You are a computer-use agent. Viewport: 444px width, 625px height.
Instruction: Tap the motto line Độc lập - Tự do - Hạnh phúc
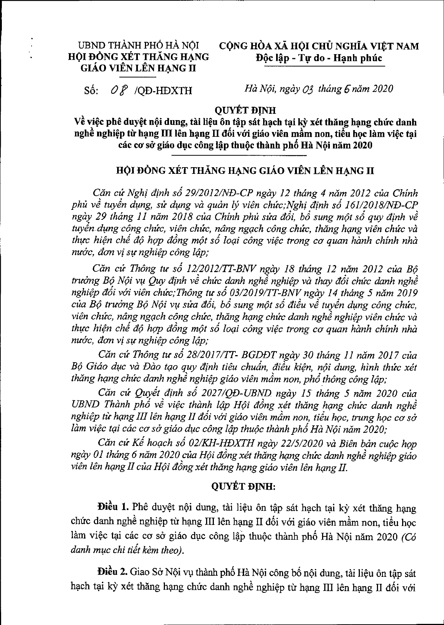(319, 59)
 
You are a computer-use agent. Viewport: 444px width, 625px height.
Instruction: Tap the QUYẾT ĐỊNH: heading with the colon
(243, 487)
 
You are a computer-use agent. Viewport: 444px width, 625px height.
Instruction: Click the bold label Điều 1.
(112, 507)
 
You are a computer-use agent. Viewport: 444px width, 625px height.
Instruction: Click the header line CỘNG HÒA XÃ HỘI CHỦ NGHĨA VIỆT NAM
(319, 46)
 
